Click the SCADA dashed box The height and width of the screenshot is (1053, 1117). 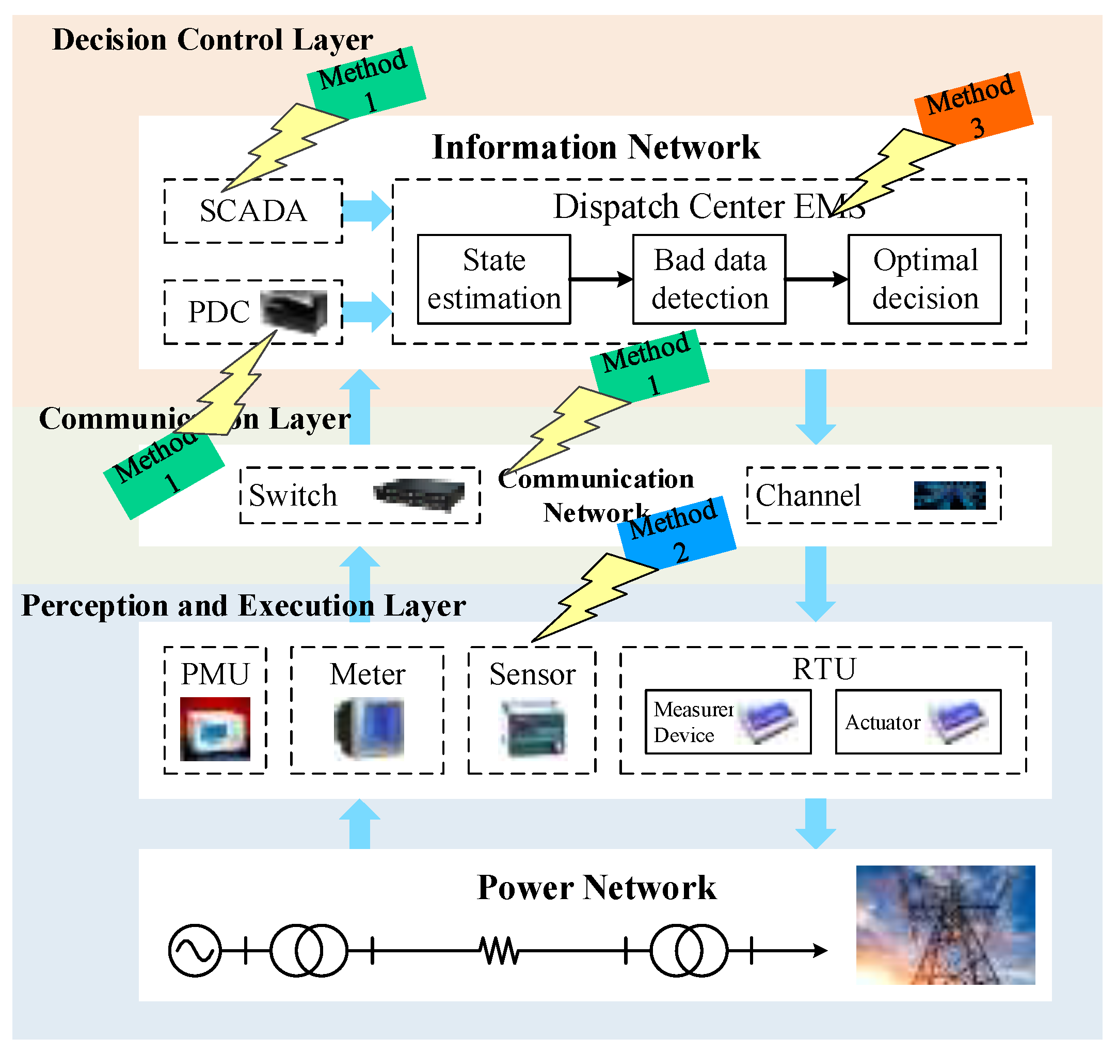coord(253,211)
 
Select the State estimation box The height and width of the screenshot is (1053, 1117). coord(494,279)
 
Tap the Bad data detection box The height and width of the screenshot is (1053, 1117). coord(709,279)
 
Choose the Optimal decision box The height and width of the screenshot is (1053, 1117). coord(924,279)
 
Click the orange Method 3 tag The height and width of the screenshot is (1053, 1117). coord(974,107)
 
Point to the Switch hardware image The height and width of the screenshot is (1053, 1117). coord(419,495)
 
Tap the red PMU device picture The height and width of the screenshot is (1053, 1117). coord(215,729)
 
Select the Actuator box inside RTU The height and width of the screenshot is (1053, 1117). coord(918,722)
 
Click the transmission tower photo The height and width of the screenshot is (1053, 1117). coord(945,925)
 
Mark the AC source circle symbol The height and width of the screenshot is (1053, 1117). coord(195,951)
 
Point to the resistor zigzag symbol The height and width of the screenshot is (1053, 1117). coord(500,951)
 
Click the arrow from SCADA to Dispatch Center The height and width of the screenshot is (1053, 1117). coord(367,211)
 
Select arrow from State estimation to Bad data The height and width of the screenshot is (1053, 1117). coord(601,279)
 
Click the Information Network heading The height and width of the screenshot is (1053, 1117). coord(596,147)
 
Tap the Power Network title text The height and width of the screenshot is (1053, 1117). coord(596,888)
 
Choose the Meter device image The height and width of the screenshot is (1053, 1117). coord(369,729)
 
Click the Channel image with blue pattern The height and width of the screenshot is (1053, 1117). coord(949,495)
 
